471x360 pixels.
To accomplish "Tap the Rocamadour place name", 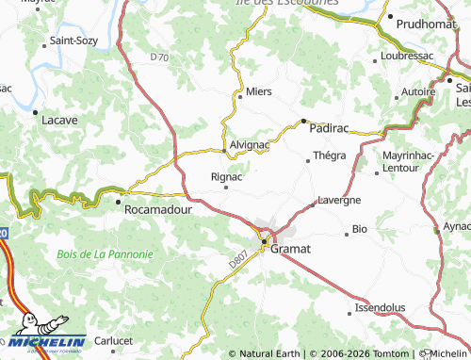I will point(158,209).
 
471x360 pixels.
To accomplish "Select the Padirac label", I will point(329,123).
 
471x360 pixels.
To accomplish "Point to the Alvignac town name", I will point(250,147).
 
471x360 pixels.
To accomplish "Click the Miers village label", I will point(258,92).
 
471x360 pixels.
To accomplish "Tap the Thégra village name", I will point(329,155).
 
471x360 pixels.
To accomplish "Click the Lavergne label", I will point(338,201).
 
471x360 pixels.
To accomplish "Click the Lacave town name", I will point(58,121).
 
